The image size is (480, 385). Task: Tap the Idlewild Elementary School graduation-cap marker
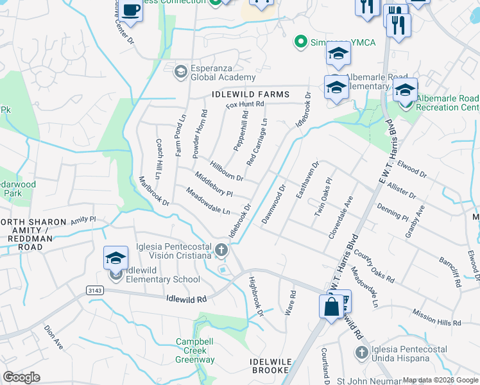(x=116, y=259)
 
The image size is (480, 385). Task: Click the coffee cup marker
(x=131, y=11)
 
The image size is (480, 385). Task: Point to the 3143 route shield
(x=95, y=291)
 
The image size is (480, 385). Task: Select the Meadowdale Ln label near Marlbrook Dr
(x=208, y=201)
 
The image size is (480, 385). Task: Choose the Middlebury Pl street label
(x=214, y=185)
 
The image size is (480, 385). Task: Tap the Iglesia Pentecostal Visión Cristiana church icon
(x=221, y=250)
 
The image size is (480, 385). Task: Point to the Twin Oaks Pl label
(x=321, y=197)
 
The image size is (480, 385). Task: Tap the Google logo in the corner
(x=21, y=377)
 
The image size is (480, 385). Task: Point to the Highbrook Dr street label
(x=256, y=296)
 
